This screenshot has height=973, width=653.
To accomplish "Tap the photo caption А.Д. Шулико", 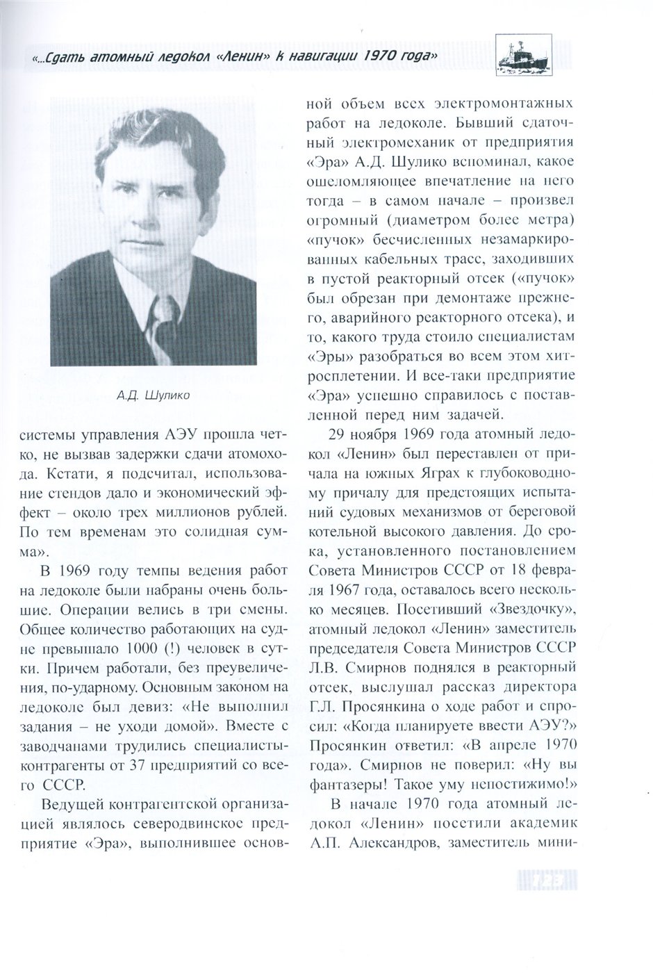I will [155, 398].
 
